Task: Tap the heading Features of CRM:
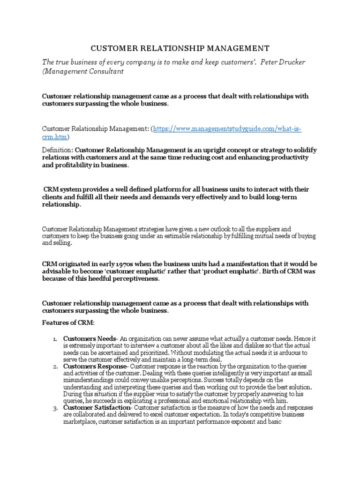click(x=68, y=323)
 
